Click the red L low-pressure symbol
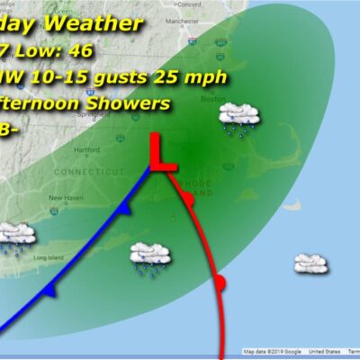click(163, 152)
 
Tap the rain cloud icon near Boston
click(241, 118)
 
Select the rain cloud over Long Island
click(15, 237)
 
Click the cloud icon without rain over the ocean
click(310, 263)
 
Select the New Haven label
click(65, 198)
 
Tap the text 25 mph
click(193, 76)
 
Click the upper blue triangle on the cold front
click(121, 208)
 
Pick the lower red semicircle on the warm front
click(221, 285)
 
